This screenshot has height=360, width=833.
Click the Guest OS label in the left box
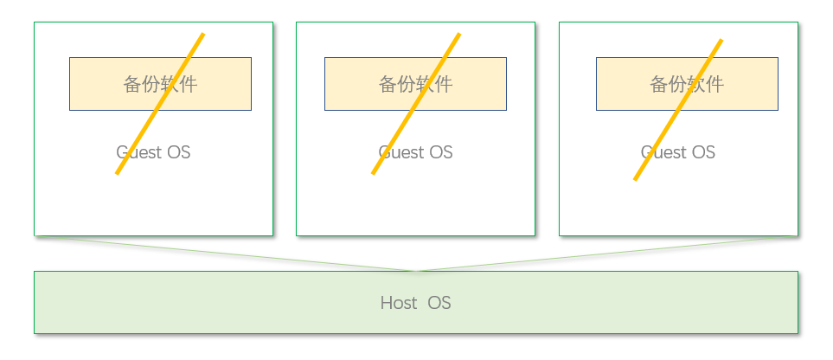pyautogui.click(x=153, y=152)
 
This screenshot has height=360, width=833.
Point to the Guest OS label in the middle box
pyautogui.click(x=415, y=152)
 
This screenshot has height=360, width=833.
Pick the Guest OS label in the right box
pyautogui.click(x=678, y=152)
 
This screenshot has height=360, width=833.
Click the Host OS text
pyautogui.click(x=415, y=303)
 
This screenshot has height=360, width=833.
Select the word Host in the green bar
pyautogui.click(x=398, y=303)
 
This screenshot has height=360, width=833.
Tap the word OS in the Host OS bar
pyautogui.click(x=439, y=303)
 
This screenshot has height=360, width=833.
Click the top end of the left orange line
pyautogui.click(x=203, y=35)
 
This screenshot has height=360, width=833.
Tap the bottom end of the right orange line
pyautogui.click(x=635, y=179)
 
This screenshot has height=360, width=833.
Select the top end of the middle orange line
pyautogui.click(x=459, y=35)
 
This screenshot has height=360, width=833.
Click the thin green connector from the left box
pyautogui.click(x=242, y=254)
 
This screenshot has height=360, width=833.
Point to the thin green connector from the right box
pyautogui.click(x=606, y=253)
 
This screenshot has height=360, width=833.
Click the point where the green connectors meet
pyautogui.click(x=416, y=271)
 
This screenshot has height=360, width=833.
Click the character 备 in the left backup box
pyautogui.click(x=132, y=84)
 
